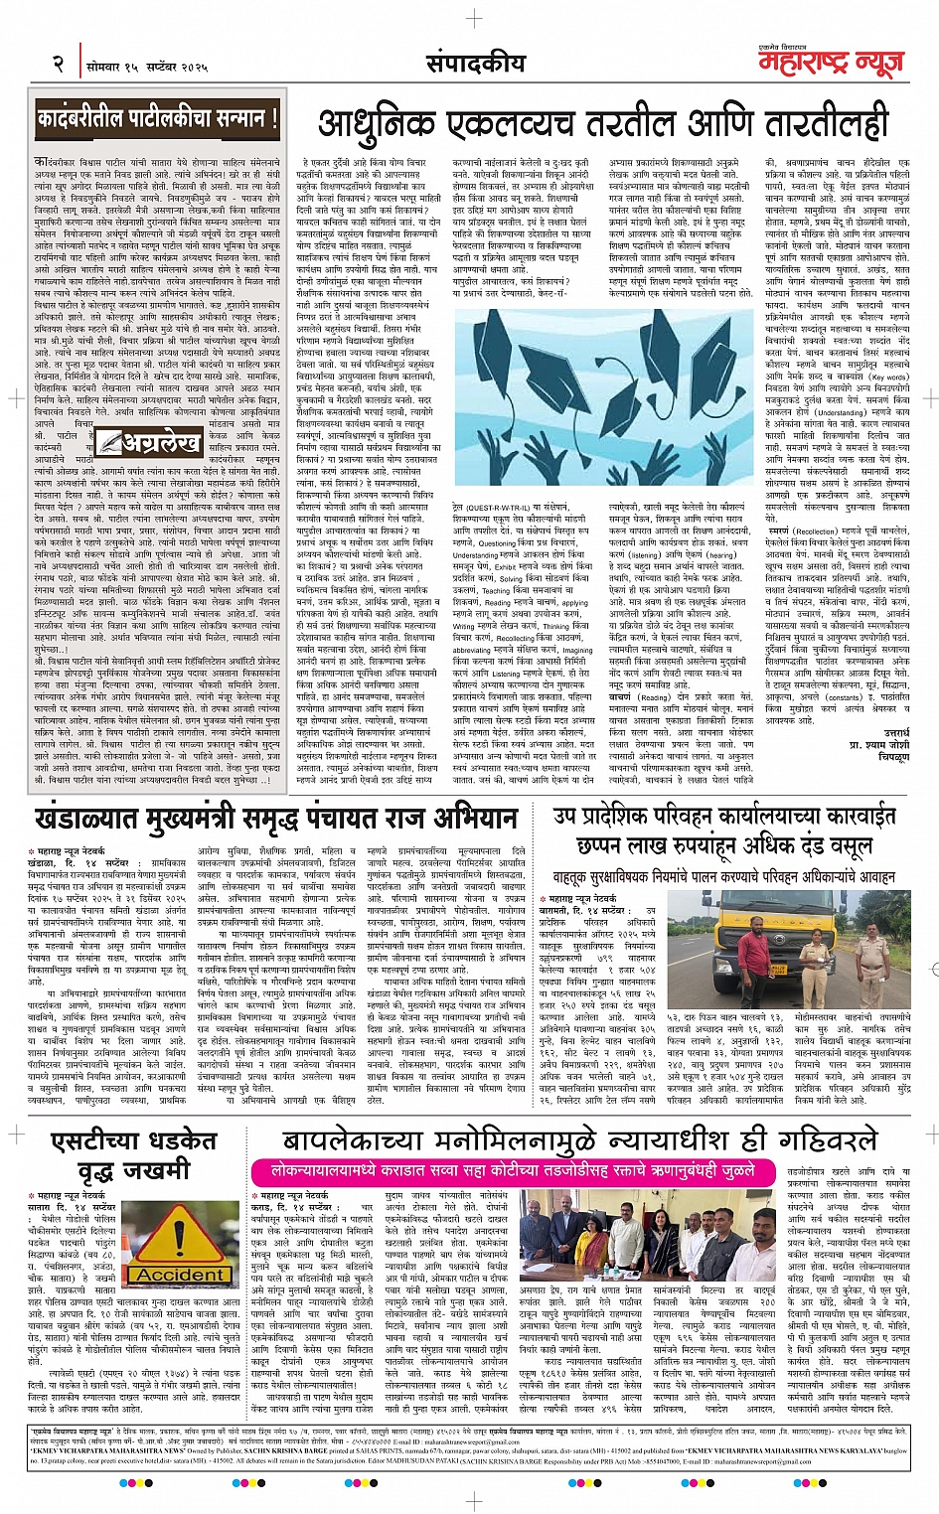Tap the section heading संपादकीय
point(475,63)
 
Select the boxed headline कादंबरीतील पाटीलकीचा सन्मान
point(157,120)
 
